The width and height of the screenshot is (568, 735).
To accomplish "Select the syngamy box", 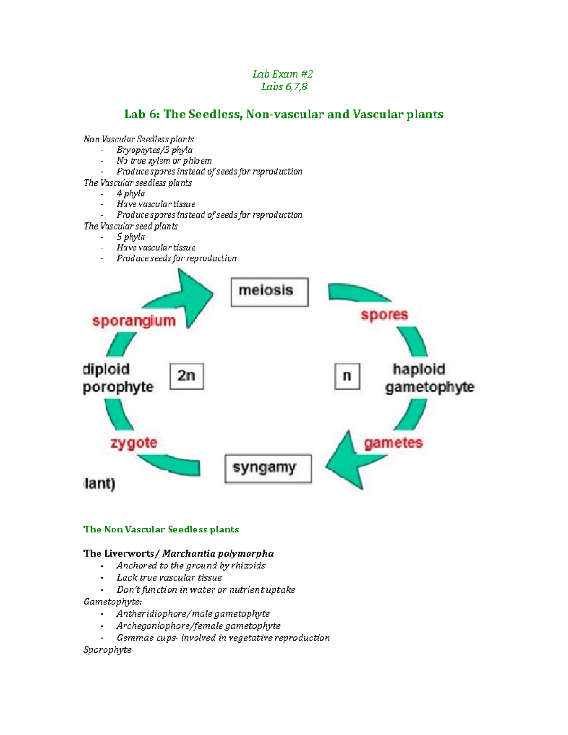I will tap(268, 469).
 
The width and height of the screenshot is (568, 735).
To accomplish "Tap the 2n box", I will tap(187, 376).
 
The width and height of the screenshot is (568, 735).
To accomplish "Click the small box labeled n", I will tap(347, 376).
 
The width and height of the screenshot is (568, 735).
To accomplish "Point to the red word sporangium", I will tap(134, 321).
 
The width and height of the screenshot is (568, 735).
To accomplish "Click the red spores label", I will tap(384, 315).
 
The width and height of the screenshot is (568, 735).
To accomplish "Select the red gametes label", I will tap(393, 443).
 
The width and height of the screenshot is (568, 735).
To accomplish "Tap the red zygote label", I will tap(134, 443).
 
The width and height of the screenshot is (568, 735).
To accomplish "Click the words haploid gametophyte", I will tap(428, 378).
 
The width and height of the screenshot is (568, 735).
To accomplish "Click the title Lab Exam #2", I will tap(283, 74).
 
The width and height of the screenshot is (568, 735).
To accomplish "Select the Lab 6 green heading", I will tap(284, 115).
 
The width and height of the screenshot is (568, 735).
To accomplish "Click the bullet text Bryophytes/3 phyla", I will tap(154, 150).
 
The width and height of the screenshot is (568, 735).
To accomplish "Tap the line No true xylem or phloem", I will tap(164, 161).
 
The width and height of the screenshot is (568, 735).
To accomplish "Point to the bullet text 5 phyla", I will tap(131, 237).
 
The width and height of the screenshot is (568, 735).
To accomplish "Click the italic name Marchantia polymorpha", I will tap(218, 553).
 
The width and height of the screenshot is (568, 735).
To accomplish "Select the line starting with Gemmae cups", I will tap(223, 638).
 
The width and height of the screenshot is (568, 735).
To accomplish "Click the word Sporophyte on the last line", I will tap(107, 650).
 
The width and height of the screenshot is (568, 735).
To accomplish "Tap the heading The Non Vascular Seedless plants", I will tap(161, 530).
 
